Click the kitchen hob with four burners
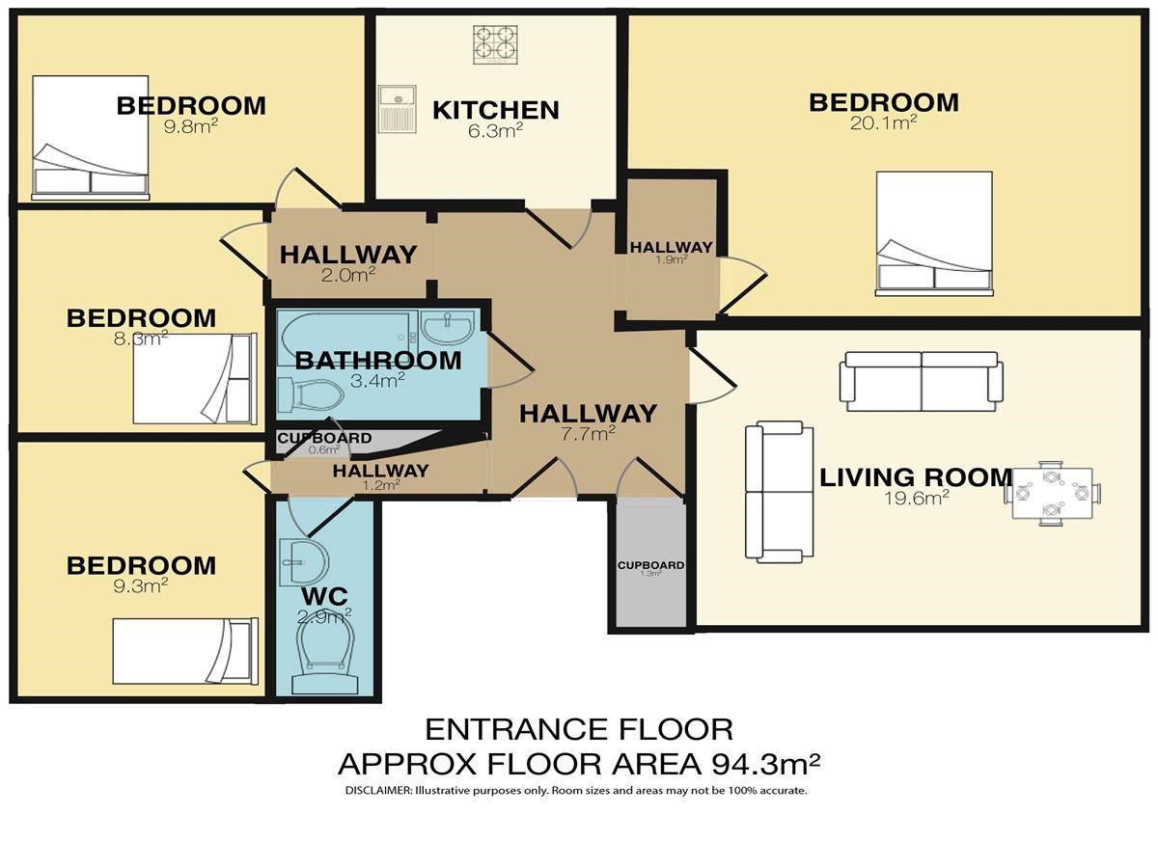(494, 44)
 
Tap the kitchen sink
(398, 109)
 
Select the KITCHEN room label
(495, 110)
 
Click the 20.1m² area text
(883, 123)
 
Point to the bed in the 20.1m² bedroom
(934, 233)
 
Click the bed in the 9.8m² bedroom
(90, 138)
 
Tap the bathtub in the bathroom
(345, 338)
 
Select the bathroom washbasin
(448, 326)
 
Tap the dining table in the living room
(1052, 493)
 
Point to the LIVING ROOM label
(916, 477)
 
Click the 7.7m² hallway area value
(587, 434)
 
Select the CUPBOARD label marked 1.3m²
(651, 565)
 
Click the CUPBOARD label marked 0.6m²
(324, 438)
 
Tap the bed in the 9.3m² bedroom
(185, 651)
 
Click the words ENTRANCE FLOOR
(579, 730)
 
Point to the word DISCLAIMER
(377, 791)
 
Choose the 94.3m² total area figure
(765, 764)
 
